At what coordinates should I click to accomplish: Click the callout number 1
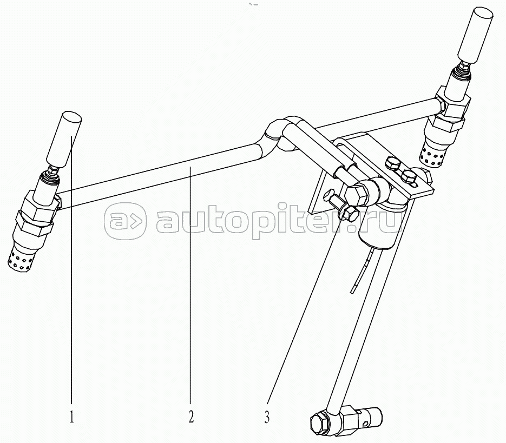click(x=71, y=417)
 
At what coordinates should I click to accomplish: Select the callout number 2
click(x=190, y=417)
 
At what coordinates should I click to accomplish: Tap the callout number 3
click(x=267, y=417)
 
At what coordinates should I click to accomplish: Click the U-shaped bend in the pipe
click(x=279, y=133)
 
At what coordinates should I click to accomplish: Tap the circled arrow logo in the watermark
click(x=124, y=221)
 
